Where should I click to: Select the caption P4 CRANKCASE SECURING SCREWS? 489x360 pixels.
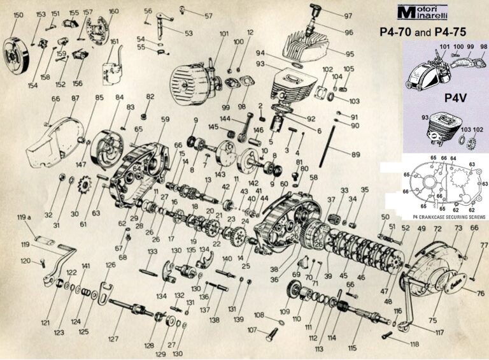pos(432,217)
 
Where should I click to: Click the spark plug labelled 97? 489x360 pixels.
pos(313,11)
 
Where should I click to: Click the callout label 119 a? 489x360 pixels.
pos(25,218)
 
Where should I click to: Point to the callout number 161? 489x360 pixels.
pos(115,42)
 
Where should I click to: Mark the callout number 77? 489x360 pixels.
pos(483,244)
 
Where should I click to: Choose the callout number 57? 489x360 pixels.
pos(208,14)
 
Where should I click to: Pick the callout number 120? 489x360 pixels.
pos(25,261)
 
